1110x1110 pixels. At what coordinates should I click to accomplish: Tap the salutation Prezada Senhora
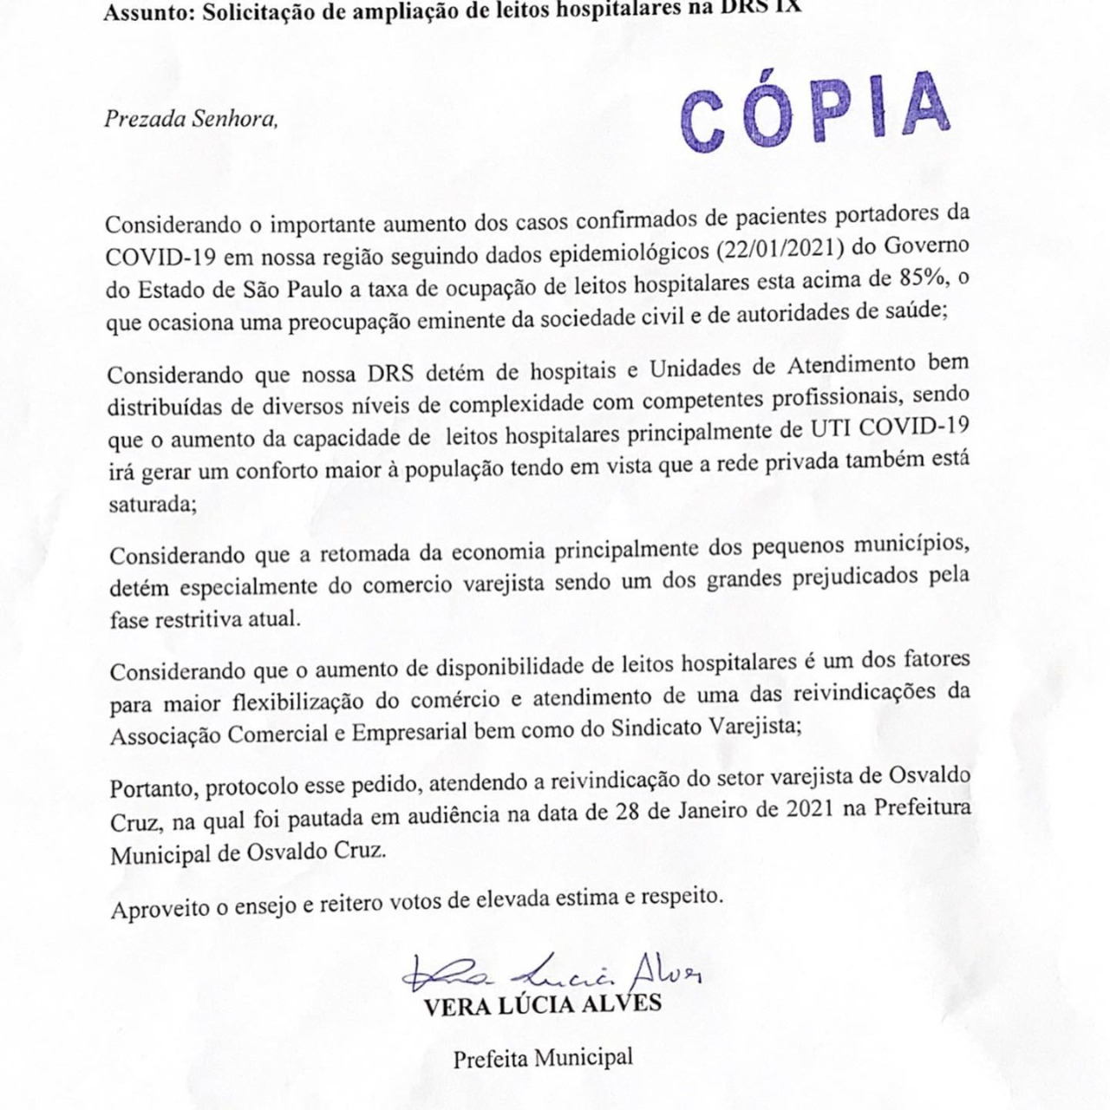pyautogui.click(x=191, y=119)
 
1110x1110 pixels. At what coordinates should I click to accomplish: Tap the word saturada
pyautogui.click(x=152, y=504)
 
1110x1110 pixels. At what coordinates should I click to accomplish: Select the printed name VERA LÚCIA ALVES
pyautogui.click(x=543, y=1005)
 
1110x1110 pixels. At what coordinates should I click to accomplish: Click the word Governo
pyautogui.click(x=926, y=245)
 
